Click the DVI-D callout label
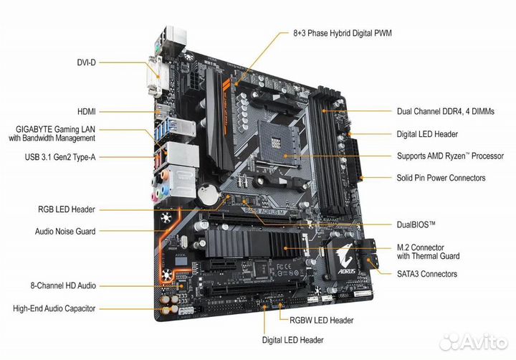coord(86,62)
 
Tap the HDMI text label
coord(87,112)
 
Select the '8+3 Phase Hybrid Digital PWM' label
coord(343,33)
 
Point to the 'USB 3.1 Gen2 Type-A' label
coord(60,157)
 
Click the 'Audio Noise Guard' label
coord(65,231)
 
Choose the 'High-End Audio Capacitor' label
coord(54,308)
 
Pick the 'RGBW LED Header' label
coord(322,320)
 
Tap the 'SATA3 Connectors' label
coord(427,274)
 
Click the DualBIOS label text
coord(416,225)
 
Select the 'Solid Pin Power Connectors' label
coord(441,178)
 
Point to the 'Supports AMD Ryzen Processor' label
coord(450,156)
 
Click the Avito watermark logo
coord(474,343)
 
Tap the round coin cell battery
coord(209,194)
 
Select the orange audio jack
coord(165,174)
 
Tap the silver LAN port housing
coord(182,154)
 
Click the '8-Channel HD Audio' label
coord(63,285)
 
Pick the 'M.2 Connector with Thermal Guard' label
coord(428,252)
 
